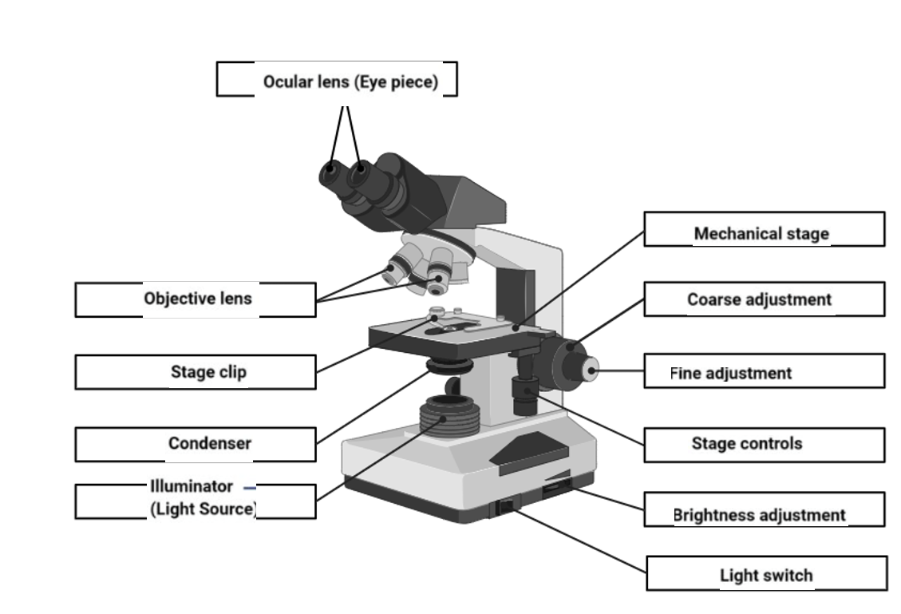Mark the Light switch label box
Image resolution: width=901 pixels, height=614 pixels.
tap(766, 574)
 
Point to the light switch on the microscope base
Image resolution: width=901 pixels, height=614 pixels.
tap(505, 505)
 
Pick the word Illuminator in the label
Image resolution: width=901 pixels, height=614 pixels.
tap(192, 486)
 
